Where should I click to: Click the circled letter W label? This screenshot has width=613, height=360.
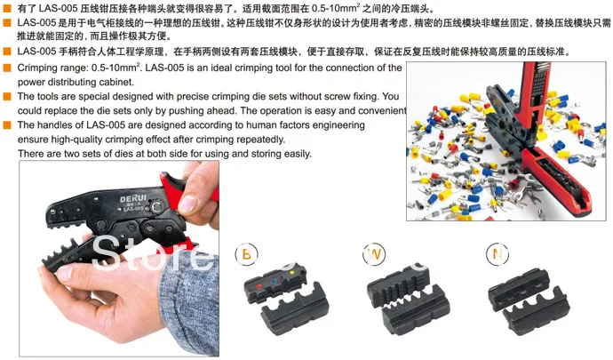coord(373,255)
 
